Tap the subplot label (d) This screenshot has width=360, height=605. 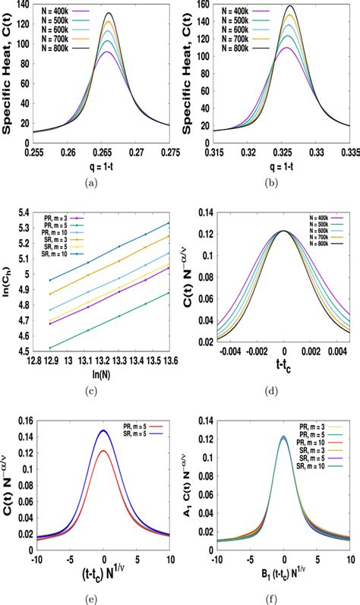click(x=279, y=392)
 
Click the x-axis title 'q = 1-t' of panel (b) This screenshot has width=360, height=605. click(x=284, y=165)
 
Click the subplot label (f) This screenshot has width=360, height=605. click(x=279, y=598)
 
